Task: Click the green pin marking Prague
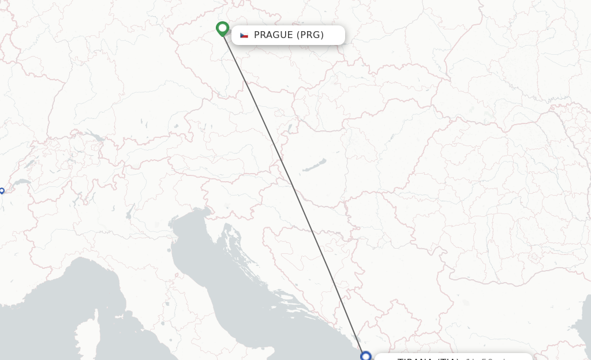tap(222, 28)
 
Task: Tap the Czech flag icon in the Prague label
tap(244, 35)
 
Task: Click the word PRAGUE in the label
tap(273, 35)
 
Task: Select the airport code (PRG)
tap(310, 35)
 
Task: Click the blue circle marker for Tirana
tap(365, 356)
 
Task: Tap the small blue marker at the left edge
tap(1, 190)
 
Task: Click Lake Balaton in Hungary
tap(315, 166)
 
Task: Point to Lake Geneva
tap(22, 183)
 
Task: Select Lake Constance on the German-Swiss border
tap(94, 137)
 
